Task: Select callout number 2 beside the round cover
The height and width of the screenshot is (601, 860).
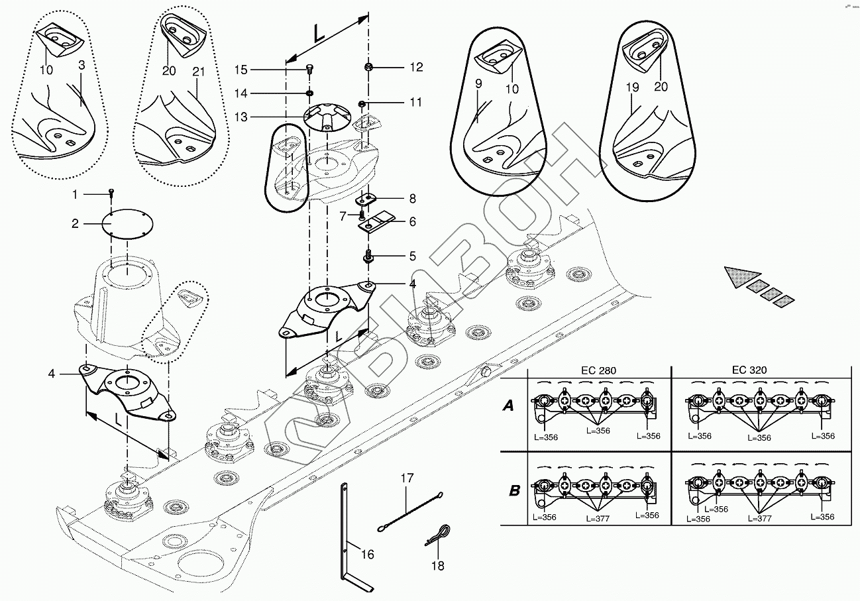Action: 76,223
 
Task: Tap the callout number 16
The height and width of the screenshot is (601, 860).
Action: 367,554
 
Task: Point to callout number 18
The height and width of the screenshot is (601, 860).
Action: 437,565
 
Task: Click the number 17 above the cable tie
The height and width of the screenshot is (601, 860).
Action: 406,477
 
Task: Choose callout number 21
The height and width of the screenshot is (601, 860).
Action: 199,71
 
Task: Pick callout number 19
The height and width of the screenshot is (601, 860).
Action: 632,86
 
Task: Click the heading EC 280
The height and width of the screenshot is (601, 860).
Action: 599,370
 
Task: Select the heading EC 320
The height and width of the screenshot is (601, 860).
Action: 750,370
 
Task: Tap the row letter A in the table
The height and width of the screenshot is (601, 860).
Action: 508,406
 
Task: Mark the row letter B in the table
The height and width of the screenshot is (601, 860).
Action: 514,491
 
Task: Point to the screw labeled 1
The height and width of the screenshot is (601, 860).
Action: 111,193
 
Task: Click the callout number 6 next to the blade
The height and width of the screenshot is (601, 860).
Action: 412,222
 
